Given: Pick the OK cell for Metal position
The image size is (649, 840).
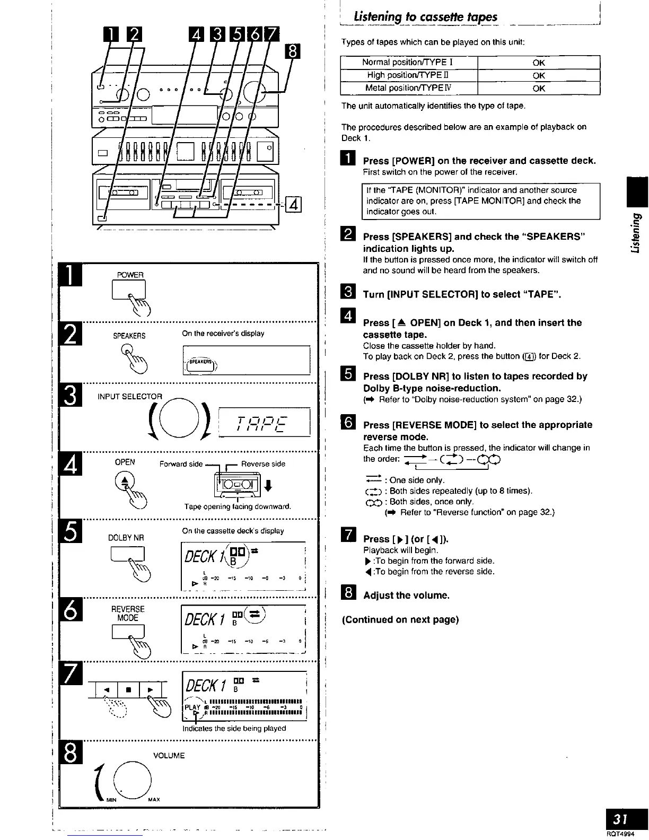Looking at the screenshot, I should (539, 88).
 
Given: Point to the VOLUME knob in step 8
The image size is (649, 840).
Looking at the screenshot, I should (136, 778).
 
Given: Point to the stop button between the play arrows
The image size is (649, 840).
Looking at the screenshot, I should (127, 690).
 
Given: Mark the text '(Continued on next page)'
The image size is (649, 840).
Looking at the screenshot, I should (400, 619).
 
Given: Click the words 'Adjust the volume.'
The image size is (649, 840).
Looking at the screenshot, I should (406, 595).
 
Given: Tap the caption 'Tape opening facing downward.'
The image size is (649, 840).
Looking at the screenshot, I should (238, 506).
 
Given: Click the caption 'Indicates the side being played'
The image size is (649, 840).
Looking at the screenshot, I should (234, 728).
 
